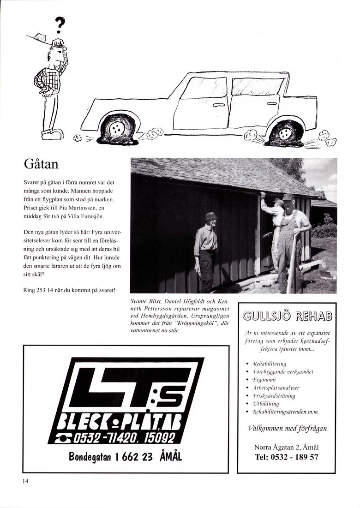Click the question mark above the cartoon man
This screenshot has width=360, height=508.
(x=60, y=26)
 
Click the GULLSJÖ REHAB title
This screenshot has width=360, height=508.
(x=287, y=316)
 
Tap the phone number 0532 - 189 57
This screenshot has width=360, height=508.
(x=286, y=457)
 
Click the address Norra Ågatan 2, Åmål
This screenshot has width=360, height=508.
(x=286, y=448)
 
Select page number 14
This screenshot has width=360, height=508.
(x=25, y=481)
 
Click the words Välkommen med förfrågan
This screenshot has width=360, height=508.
(x=287, y=428)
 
